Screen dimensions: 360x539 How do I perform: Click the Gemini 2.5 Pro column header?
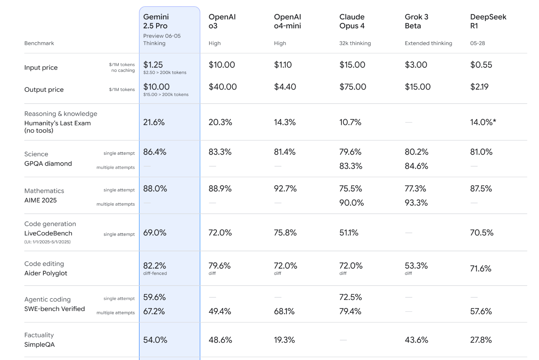(156, 21)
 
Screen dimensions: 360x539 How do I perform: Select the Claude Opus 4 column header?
(352, 21)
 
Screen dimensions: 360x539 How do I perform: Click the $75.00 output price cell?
(353, 87)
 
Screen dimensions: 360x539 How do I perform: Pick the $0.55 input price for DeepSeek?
(481, 65)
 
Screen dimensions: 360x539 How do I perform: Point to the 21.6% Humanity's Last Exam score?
(154, 122)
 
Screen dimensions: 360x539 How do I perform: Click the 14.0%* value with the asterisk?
(483, 122)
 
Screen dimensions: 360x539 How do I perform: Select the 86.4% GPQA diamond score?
(155, 152)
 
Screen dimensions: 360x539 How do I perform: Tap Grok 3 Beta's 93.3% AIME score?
(416, 203)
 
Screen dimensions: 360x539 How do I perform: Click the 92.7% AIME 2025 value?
(285, 189)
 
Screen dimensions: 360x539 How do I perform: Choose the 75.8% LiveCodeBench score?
(285, 233)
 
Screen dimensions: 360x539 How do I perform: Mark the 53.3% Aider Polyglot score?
(416, 266)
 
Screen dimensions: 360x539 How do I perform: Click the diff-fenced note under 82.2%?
(155, 273)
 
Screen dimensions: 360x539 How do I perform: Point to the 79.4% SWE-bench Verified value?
(350, 311)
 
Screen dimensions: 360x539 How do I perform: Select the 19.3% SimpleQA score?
(285, 340)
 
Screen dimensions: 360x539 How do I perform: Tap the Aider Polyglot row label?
(46, 273)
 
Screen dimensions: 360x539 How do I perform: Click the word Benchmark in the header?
(39, 43)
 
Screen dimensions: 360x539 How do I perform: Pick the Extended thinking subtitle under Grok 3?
(428, 43)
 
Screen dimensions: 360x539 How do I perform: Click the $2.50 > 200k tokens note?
(165, 73)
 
